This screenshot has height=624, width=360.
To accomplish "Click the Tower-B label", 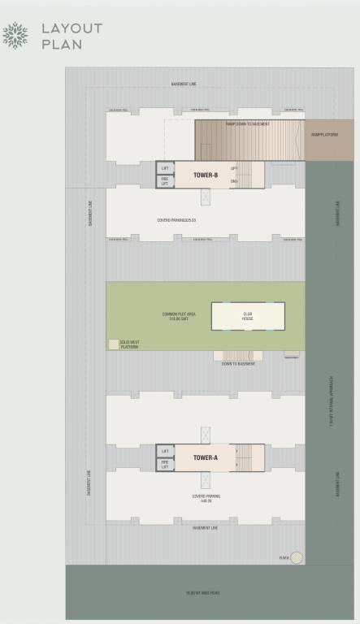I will (206, 175).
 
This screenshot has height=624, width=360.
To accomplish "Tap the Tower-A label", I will (206, 457).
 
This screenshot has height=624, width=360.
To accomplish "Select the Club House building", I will (249, 316).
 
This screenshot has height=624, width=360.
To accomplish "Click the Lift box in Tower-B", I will (165, 168).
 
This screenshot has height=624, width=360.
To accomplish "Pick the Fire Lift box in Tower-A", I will (165, 464).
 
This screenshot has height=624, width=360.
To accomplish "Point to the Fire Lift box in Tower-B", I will (165, 181).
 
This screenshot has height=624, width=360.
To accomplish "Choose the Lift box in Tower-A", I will (165, 451).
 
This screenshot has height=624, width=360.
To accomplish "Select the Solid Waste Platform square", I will (113, 344).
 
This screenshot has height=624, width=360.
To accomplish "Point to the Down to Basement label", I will (238, 363).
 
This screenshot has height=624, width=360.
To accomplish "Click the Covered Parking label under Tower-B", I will (178, 219).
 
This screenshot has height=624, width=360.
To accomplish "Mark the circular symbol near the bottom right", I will (297, 557).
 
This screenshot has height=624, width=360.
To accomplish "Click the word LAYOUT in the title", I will (72, 28).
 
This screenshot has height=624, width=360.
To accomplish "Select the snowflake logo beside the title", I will (15, 36).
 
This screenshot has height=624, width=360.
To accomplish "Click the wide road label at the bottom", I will (203, 593).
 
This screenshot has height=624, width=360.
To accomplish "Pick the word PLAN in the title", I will (62, 45).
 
